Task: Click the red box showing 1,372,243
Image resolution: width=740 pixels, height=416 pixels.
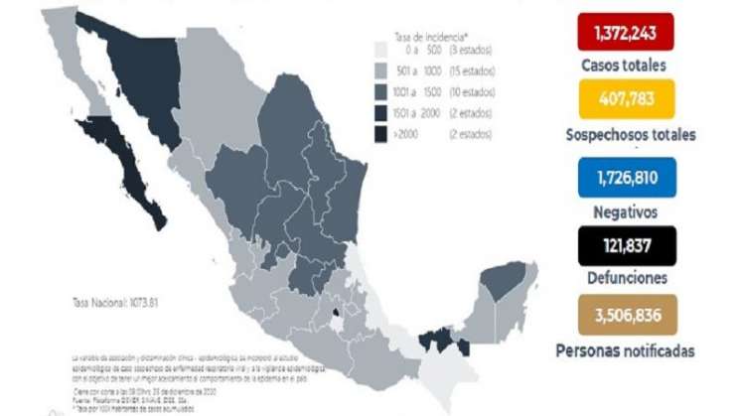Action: click(626, 33)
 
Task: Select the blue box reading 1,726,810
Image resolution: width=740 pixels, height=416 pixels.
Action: click(626, 176)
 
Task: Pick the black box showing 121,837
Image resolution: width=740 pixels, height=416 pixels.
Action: click(626, 245)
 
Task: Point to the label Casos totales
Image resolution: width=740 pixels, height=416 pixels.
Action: click(626, 66)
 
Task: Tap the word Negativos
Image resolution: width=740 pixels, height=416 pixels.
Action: click(626, 211)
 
